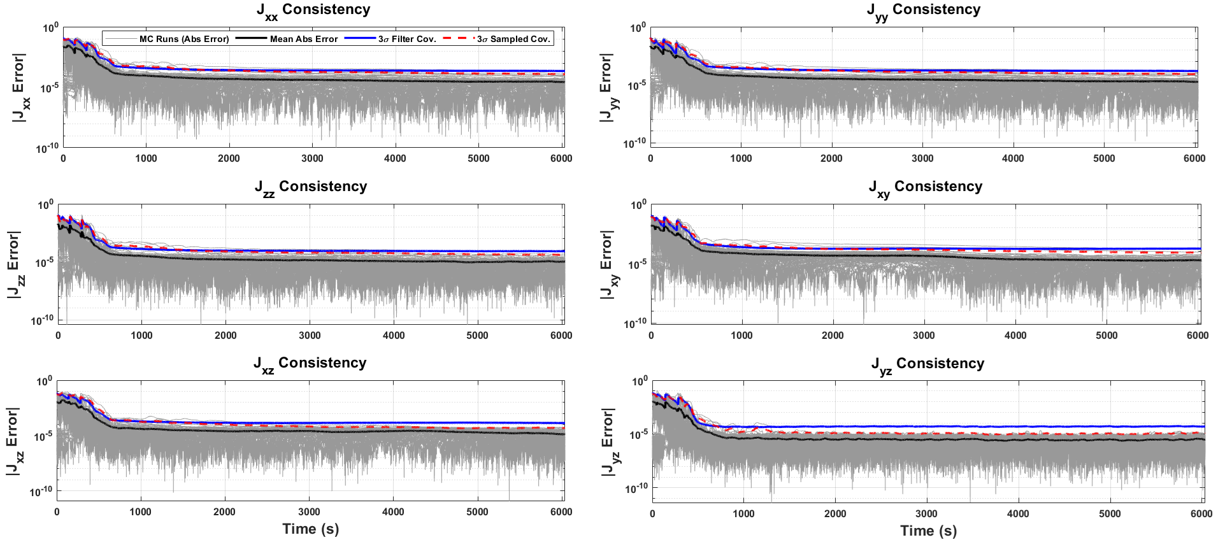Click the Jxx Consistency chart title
313,11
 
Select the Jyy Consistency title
924,11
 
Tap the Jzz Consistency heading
311,188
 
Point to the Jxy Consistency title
926,188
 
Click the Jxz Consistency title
310,364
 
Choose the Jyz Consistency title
928,365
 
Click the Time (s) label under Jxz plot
311,529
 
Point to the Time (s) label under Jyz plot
929,531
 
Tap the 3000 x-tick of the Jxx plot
312,159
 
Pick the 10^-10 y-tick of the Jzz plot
43,319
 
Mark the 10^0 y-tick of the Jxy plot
638,205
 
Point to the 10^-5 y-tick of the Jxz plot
43,436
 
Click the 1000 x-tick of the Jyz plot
743,513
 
